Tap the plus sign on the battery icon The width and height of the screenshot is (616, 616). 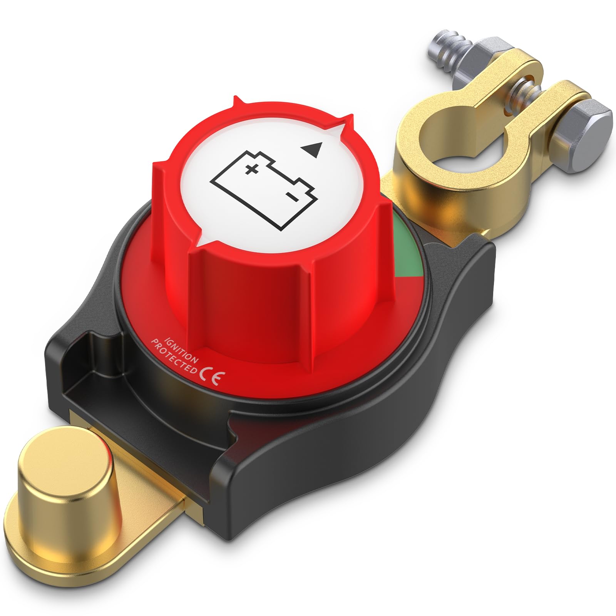click(x=252, y=169)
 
